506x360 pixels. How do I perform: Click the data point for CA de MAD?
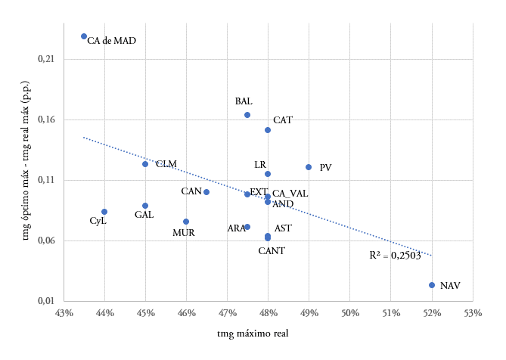tap(84, 36)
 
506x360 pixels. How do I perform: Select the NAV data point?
tap(432, 285)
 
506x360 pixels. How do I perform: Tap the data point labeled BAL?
tap(247, 115)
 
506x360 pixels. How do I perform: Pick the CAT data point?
tap(268, 130)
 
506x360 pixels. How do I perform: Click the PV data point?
tap(309, 167)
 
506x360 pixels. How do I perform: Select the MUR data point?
tap(186, 222)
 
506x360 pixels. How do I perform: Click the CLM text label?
tap(166, 164)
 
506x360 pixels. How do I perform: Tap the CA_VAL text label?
tap(290, 194)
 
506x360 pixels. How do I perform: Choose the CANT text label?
tap(272, 250)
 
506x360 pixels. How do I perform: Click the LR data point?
tap(268, 174)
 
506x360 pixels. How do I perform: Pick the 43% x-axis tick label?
tap(64, 312)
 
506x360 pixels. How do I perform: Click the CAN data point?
tap(206, 192)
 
